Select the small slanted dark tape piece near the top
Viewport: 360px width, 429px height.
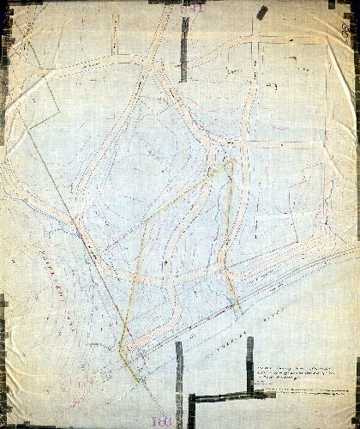261,12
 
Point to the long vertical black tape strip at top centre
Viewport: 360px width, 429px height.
184,47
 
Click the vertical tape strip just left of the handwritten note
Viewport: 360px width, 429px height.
249,360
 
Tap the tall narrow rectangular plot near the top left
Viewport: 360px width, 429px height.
114,34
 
